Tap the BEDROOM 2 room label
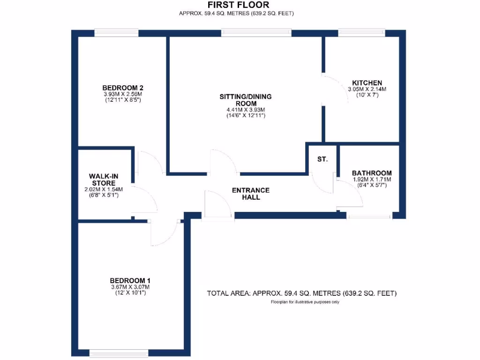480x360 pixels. pos(122,88)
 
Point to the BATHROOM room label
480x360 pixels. pos(372,173)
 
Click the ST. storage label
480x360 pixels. pos(322,159)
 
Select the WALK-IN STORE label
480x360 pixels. pos(104,179)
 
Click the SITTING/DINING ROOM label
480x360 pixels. pos(246,100)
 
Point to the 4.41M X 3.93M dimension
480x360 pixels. pos(246,110)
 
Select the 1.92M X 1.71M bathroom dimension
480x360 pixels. pos(372,180)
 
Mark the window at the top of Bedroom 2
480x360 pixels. pos(116,33)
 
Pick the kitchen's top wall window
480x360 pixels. pos(361,33)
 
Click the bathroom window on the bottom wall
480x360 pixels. pos(369,216)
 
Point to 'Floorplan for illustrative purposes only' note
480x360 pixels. pos(305,302)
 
